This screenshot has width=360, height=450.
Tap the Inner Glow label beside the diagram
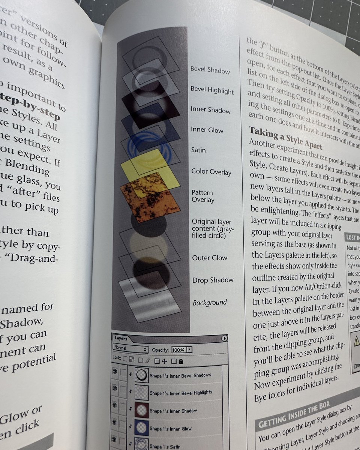[207, 130]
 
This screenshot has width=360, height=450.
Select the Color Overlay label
[211, 172]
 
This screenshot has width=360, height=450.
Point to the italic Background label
[210, 302]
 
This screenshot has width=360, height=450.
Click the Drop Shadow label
[213, 280]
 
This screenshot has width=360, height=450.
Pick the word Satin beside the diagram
[198, 150]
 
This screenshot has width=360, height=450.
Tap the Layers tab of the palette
[121, 338]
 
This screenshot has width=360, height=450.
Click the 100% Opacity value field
[178, 350]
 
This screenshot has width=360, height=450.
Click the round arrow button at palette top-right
[224, 338]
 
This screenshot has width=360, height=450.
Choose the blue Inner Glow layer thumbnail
[141, 428]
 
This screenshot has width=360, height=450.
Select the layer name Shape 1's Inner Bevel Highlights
[181, 392]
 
